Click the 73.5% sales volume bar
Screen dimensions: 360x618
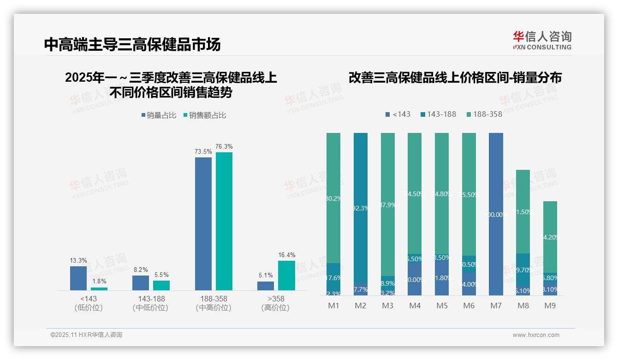203,224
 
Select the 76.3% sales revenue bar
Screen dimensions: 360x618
224,221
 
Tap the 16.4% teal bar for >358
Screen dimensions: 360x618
286,276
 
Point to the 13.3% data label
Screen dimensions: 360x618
78,261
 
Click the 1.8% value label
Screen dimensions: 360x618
99,281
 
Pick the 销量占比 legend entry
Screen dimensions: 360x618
159,115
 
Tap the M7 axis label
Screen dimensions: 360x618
496,306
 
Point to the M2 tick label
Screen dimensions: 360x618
360,306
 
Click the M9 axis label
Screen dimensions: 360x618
550,306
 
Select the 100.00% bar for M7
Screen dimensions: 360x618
496,214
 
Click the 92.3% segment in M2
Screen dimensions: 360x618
361,208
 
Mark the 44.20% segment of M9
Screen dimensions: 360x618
550,237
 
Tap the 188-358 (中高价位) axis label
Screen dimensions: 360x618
214,303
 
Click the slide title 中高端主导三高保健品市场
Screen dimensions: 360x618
132,44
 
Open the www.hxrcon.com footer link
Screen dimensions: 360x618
536,335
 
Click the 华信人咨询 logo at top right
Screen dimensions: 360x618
542,40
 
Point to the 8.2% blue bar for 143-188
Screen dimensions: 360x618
141,283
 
